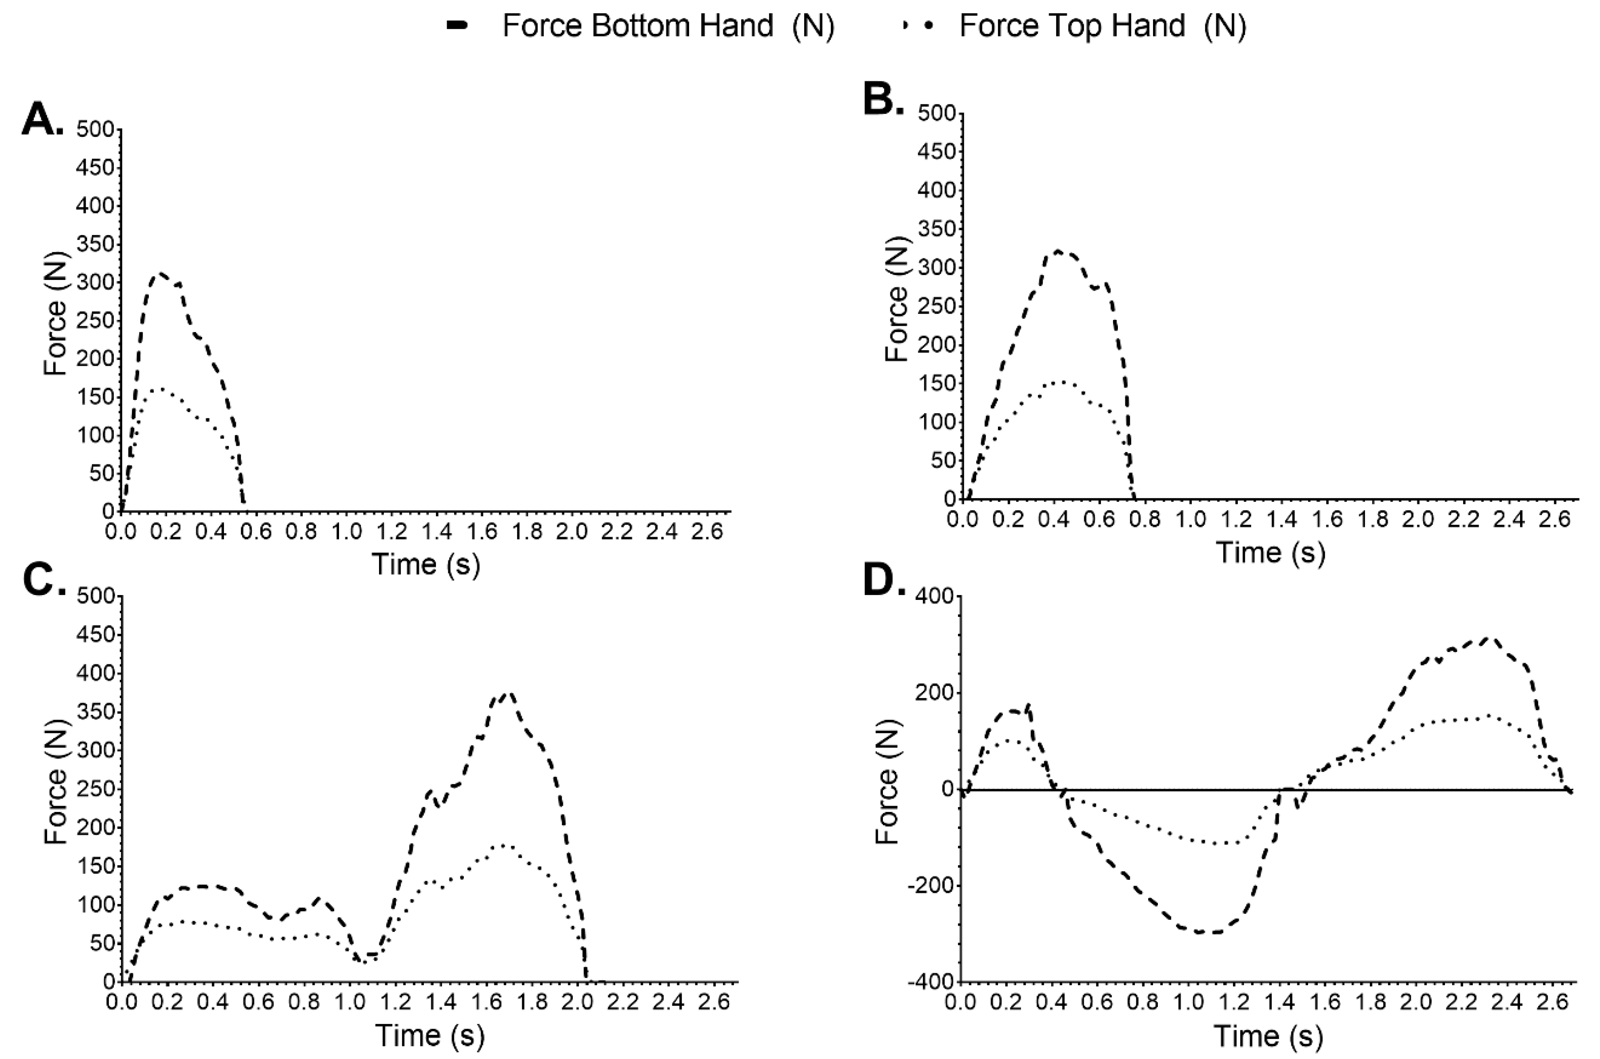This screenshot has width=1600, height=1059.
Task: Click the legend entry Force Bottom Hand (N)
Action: (668, 26)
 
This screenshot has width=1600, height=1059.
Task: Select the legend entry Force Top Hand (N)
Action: (1102, 26)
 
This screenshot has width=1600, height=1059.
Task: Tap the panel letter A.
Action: (42, 121)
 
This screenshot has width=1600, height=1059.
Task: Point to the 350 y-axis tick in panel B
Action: (936, 229)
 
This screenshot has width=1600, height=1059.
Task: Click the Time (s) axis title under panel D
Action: (1269, 1035)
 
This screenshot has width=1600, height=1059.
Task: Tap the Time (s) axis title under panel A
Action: (426, 564)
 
